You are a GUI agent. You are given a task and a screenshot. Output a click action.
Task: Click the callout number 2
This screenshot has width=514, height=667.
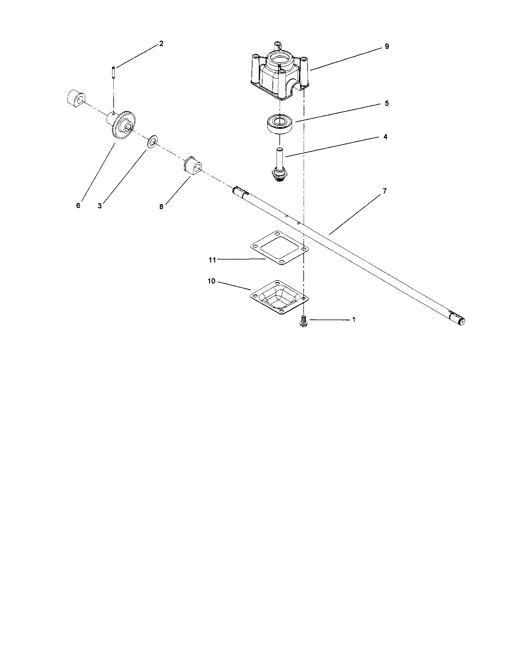(161, 44)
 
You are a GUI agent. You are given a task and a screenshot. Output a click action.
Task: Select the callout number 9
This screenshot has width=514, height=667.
(387, 46)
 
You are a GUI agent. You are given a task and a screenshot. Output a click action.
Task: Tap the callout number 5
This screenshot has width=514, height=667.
(387, 103)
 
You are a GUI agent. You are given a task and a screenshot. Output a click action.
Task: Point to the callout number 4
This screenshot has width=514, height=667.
(385, 137)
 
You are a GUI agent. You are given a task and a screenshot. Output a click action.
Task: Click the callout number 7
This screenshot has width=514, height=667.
(385, 191)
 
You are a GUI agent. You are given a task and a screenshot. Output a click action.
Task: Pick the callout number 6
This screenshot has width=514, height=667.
(78, 206)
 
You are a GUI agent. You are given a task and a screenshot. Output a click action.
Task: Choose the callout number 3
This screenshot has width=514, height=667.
(100, 206)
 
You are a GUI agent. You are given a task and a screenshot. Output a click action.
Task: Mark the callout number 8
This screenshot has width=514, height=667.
(161, 207)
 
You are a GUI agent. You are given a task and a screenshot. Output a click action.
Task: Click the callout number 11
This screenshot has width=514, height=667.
(212, 260)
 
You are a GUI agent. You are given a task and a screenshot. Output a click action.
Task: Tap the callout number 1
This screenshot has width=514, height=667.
(354, 320)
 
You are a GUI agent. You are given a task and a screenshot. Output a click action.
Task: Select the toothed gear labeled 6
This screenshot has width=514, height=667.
(124, 125)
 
